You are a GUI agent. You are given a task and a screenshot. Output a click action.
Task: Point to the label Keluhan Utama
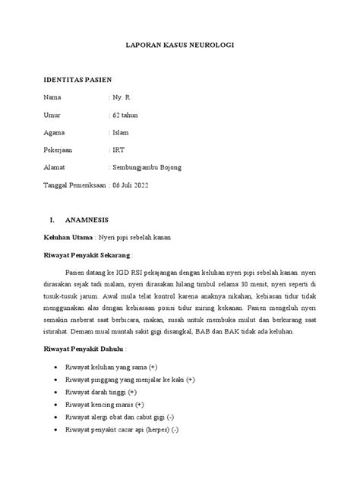(68, 237)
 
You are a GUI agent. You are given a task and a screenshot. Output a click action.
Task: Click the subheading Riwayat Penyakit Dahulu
(83, 348)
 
